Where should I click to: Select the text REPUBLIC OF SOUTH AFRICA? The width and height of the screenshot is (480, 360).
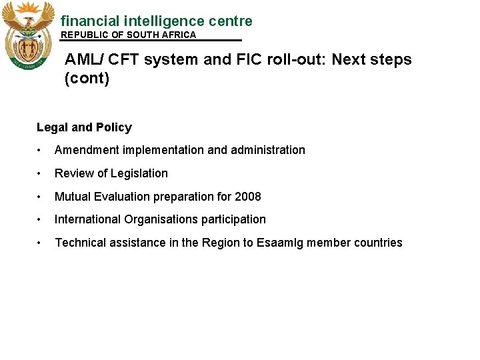[129, 35]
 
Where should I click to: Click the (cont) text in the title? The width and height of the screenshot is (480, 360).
[87, 79]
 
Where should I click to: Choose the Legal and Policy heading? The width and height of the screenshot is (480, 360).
[84, 127]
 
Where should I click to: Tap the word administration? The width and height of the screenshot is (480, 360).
[268, 150]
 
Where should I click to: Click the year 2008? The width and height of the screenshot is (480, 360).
[247, 197]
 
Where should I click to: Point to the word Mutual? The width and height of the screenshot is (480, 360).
[72, 197]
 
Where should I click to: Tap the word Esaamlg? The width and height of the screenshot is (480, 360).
[279, 243]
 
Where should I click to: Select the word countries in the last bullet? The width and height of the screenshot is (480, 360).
[379, 243]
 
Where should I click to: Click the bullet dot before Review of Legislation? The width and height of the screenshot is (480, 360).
[41, 174]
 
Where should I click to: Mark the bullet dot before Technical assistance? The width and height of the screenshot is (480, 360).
[41, 243]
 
